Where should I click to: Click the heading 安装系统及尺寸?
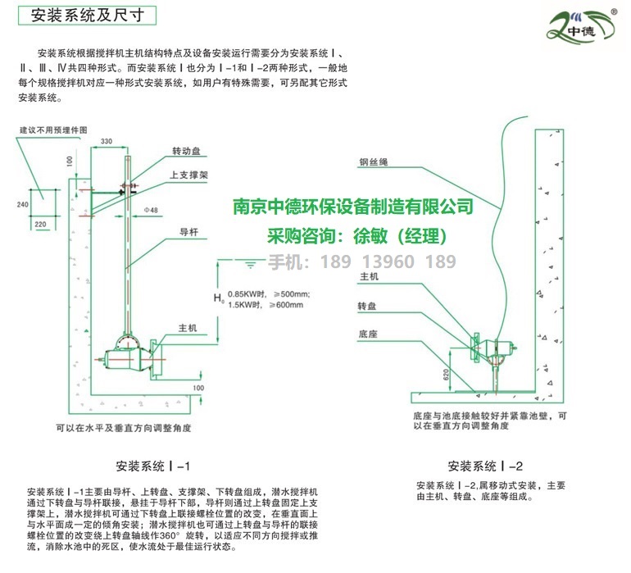[82, 14]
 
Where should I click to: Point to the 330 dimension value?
[107, 142]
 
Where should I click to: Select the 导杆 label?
[188, 232]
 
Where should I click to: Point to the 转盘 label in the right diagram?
[365, 306]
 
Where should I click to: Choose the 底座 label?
[366, 334]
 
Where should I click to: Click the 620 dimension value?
[447, 373]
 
